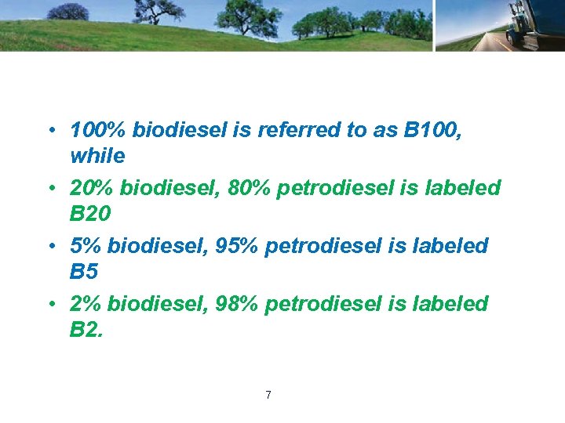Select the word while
point(97,156)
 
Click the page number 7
point(268,395)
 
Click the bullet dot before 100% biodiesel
point(49,131)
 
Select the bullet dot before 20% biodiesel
point(49,189)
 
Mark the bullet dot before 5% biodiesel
point(49,247)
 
